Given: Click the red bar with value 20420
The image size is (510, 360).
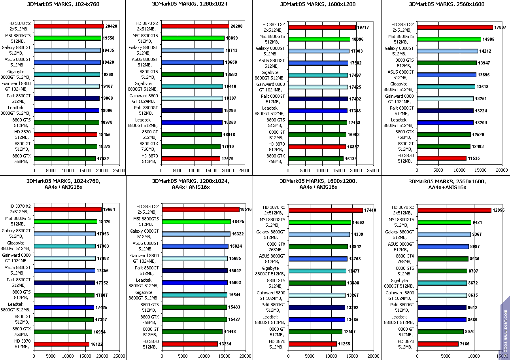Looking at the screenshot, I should pos(69,26).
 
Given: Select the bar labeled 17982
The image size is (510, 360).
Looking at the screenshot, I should pos(65,159).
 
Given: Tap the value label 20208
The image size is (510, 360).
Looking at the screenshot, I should pos(236,26).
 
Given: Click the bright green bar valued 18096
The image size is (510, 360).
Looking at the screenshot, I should pos(319,39).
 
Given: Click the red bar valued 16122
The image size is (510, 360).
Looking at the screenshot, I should pos(62,344).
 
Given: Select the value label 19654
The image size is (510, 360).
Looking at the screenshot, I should pos(109,209).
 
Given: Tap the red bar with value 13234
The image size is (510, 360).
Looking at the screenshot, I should pos(190,344).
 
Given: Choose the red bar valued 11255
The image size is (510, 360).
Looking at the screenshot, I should pos(312,344).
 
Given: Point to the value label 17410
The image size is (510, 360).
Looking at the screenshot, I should pos(370,210).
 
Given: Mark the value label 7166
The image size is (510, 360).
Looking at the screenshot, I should pos(465,344).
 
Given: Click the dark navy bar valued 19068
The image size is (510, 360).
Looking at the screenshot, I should pos(67,98).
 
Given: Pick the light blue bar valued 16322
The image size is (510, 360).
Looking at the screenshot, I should pos(196,234).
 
